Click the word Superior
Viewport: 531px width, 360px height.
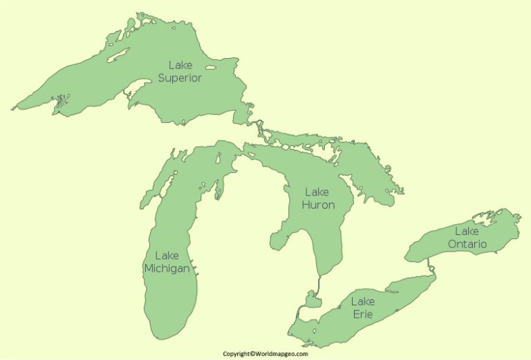pyautogui.click(x=180, y=78)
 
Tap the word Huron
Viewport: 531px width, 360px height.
pyautogui.click(x=319, y=205)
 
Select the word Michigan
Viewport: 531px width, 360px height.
pyautogui.click(x=167, y=268)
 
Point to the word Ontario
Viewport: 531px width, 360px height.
pyautogui.click(x=467, y=244)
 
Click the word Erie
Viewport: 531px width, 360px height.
pyautogui.click(x=363, y=314)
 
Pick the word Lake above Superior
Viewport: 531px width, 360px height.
pyautogui.click(x=180, y=66)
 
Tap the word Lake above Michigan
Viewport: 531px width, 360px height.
pyautogui.click(x=167, y=256)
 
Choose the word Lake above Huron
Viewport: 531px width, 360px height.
pyautogui.click(x=317, y=192)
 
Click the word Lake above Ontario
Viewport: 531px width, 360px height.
pyautogui.click(x=467, y=231)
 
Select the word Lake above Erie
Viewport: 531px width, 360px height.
pyautogui.click(x=363, y=301)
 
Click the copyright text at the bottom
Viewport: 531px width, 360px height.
pyautogui.click(x=265, y=354)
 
